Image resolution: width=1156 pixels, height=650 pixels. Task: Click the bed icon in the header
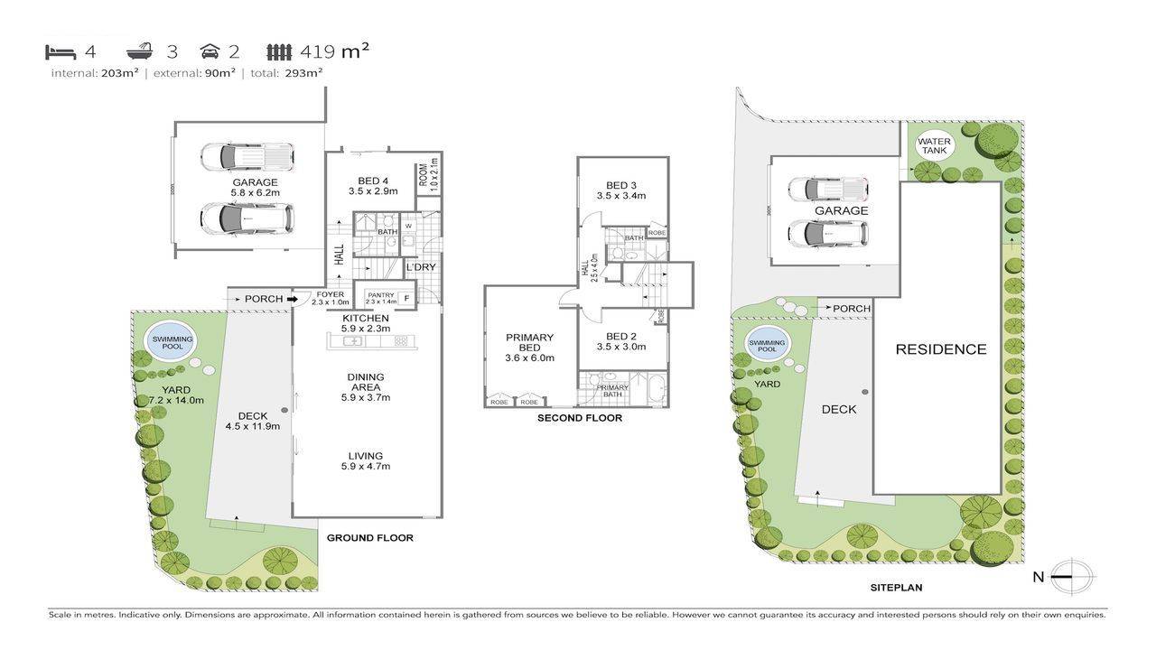tap(61, 51)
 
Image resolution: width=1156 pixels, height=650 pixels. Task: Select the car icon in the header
tap(210, 51)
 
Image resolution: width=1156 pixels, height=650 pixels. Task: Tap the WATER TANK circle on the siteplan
tap(934, 145)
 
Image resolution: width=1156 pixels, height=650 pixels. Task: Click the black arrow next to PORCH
tap(292, 299)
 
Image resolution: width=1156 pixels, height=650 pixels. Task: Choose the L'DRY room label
tap(420, 268)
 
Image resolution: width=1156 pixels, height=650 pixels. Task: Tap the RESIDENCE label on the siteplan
tap(940, 349)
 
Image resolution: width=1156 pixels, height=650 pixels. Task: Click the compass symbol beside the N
tap(1072, 577)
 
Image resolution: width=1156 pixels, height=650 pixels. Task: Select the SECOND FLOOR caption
tap(579, 418)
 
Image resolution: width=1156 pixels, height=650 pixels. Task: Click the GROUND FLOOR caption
tap(369, 538)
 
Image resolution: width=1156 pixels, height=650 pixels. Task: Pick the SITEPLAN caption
tap(896, 587)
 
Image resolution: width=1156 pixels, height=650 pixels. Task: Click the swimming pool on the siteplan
tap(768, 344)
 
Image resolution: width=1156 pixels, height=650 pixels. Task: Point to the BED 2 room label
tap(621, 340)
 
